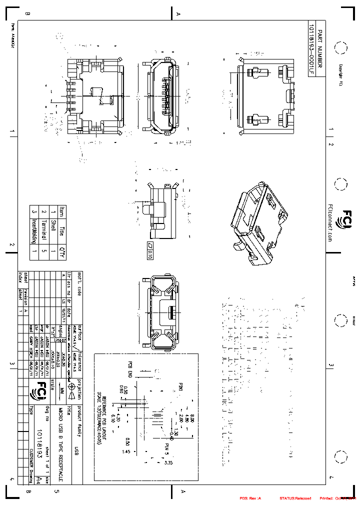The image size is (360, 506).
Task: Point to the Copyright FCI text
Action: coord(340,75)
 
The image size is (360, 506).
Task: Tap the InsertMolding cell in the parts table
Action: coord(34,230)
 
